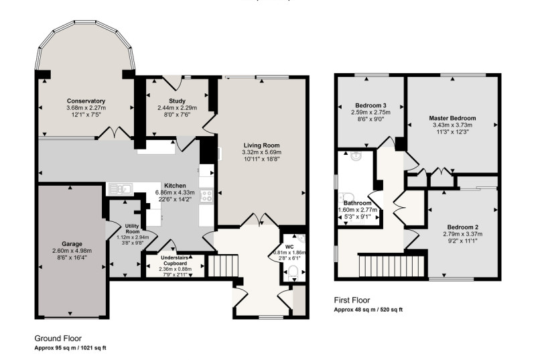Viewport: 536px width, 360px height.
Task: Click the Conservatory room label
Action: click(86, 101)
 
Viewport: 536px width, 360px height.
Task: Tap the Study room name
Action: click(177, 101)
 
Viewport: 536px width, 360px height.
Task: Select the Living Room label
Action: click(261, 145)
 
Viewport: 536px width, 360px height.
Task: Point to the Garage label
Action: click(72, 244)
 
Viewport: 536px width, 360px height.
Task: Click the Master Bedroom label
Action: click(452, 118)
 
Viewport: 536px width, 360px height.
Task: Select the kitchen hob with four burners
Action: click(206, 195)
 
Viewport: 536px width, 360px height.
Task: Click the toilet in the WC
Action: click(293, 272)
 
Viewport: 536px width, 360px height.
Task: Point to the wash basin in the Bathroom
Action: click(356, 156)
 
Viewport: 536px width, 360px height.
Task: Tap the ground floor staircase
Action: click(223, 265)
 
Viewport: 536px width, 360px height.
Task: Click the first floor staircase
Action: click(391, 266)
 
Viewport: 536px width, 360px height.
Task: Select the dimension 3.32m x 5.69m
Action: click(261, 152)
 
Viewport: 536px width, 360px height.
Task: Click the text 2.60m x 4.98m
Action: click(72, 251)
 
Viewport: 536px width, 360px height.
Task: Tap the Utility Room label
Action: click(132, 229)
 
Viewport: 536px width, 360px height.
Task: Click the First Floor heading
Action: click(352, 300)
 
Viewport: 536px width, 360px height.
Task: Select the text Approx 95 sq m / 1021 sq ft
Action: click(70, 348)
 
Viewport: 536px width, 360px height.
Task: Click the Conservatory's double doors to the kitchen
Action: click(114, 133)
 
